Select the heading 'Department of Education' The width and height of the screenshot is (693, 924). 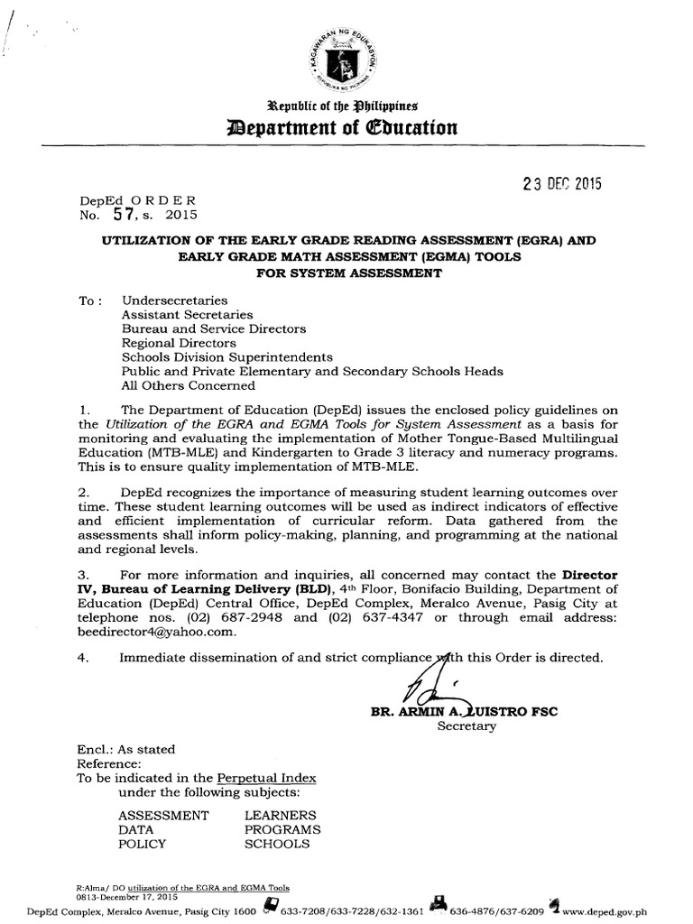point(346,127)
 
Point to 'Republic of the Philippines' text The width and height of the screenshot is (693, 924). point(346,106)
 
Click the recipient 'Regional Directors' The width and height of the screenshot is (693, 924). point(179,343)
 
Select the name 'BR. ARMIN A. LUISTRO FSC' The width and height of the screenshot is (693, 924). point(465,711)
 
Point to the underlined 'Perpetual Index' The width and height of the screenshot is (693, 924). point(262,778)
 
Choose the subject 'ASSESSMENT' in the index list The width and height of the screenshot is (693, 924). point(163,815)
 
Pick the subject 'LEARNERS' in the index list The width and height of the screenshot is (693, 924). point(280,815)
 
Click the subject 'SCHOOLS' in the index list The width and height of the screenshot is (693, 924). point(277,844)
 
